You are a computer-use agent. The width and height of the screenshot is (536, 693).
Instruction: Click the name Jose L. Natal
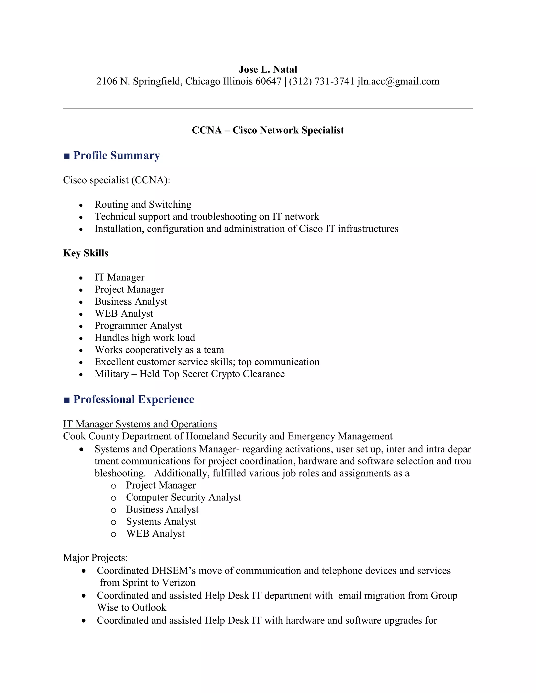click(268, 69)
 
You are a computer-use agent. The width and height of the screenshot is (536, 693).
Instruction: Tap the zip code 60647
click(268, 81)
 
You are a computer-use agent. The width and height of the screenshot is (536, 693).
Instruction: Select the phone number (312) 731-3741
click(321, 81)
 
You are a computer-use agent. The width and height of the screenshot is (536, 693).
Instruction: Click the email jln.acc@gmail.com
click(398, 81)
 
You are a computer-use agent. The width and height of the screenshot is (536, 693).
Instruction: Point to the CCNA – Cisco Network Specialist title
click(268, 130)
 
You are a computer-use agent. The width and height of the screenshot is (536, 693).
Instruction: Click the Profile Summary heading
click(116, 156)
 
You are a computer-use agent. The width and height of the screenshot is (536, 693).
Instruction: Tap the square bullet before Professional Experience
click(67, 400)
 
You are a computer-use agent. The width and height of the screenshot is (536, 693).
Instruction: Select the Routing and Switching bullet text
click(143, 204)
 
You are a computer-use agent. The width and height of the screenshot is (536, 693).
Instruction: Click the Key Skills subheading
click(86, 253)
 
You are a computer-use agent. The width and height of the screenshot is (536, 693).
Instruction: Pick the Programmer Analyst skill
click(138, 326)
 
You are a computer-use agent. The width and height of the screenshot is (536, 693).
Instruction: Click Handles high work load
click(145, 338)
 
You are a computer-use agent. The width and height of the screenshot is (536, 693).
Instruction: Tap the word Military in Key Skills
click(112, 374)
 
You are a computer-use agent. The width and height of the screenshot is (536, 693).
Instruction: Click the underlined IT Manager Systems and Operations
click(140, 424)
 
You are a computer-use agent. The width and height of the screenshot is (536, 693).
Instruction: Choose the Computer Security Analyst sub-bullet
click(183, 497)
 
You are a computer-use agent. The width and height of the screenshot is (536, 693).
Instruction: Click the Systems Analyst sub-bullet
click(161, 521)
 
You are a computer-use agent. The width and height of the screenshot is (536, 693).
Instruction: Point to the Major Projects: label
click(96, 558)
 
